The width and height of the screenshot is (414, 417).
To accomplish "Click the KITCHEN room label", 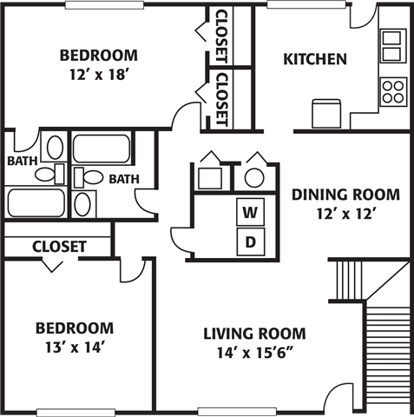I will coord(316,60).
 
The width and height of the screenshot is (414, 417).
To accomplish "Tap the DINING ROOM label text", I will coord(345,194).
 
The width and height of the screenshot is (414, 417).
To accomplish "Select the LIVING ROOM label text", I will coord(254,333).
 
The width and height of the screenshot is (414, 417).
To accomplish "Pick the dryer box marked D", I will coord(250,242).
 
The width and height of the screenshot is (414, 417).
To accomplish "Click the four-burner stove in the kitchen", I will coord(392,90).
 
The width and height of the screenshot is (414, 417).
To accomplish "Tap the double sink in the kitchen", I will coord(392,43).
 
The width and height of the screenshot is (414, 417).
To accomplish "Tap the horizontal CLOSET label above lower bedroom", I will coord(59,247).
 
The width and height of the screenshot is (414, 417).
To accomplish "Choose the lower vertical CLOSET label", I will coord(221,97).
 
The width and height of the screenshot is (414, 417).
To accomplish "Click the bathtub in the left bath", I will coord(36,202).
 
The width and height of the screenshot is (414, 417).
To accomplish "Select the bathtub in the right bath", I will coord(101,147).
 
